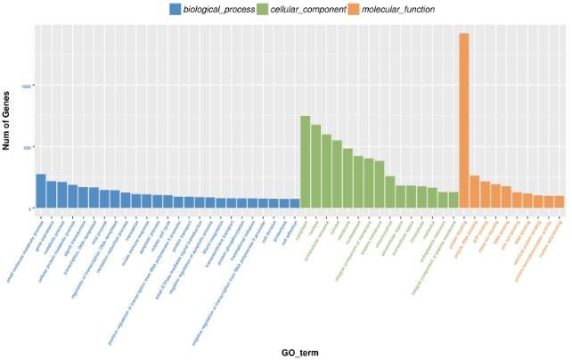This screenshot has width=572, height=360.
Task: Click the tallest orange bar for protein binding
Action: (x=463, y=120)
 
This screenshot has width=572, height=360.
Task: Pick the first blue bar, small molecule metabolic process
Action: (x=41, y=192)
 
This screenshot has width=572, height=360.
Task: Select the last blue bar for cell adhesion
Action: (x=295, y=204)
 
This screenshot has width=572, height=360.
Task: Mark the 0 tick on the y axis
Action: (x=30, y=209)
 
